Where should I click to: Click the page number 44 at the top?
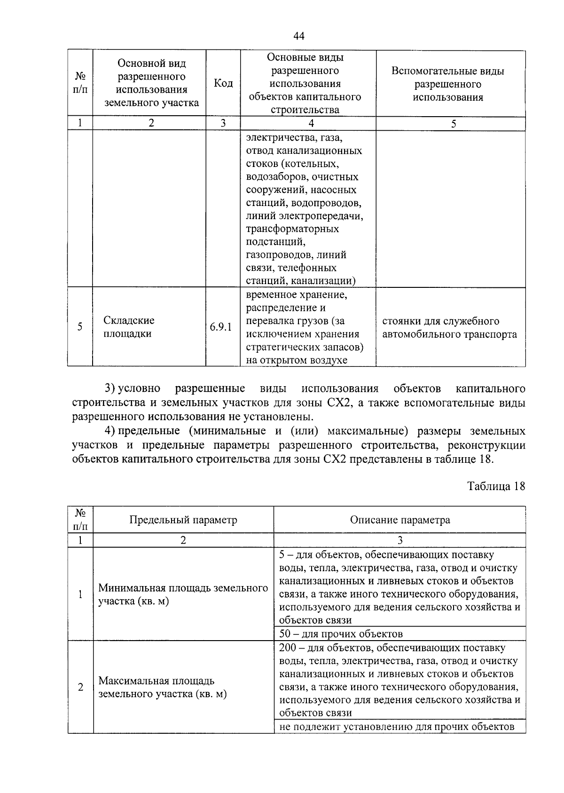tap(299, 36)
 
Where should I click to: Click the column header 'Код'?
tap(223, 83)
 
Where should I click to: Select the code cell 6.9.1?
tap(221, 327)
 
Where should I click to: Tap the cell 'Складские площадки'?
tap(129, 327)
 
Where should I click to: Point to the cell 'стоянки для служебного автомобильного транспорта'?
tap(449, 328)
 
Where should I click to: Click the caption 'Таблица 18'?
tap(496, 486)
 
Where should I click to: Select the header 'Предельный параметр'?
tap(183, 520)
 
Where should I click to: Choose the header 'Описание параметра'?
tap(399, 520)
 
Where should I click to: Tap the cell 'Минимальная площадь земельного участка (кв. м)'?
tap(183, 595)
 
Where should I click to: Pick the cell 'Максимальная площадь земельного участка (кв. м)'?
tap(162, 687)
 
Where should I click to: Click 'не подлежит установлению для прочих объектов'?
tap(397, 727)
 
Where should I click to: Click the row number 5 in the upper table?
tap(80, 326)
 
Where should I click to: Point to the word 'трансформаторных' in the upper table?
tap(292, 229)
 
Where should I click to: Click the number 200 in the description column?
tap(287, 648)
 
